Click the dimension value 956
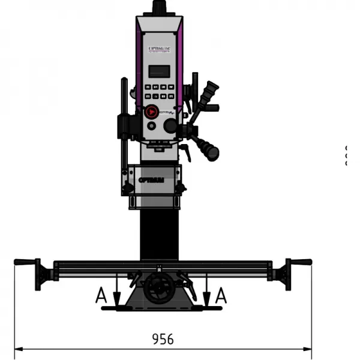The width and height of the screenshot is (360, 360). point(162,339)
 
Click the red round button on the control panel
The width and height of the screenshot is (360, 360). point(151,111)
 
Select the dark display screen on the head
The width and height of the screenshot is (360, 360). point(159,71)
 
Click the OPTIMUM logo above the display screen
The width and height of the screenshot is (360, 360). point(158,44)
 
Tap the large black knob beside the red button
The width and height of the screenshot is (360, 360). point(171,125)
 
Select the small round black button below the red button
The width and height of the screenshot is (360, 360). point(151,126)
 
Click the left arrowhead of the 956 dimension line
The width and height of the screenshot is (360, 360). point(17,349)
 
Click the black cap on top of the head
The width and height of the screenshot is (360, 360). point(159,7)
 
